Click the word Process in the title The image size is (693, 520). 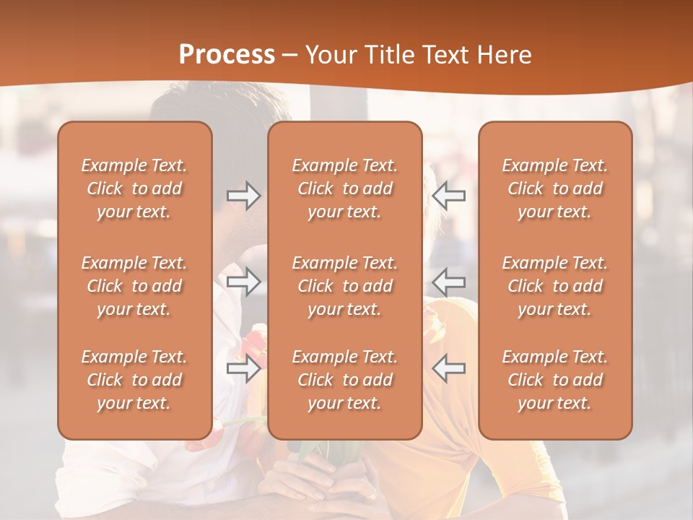click(227, 55)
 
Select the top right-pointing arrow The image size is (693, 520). click(243, 195)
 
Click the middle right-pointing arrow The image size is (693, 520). click(243, 281)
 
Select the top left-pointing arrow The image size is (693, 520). click(449, 195)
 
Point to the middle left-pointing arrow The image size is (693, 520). click(449, 281)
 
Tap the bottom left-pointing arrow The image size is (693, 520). click(449, 368)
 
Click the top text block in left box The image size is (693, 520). click(134, 188)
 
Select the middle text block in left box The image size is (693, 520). click(134, 286)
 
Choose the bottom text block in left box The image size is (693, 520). click(134, 380)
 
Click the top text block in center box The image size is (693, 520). click(344, 188)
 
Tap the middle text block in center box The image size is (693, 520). click(344, 286)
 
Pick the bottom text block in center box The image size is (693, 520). click(344, 380)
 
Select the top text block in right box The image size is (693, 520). click(554, 188)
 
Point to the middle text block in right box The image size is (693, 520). click(554, 286)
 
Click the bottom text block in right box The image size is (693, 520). click(554, 380)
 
